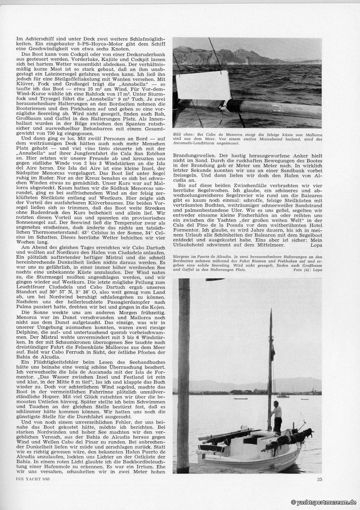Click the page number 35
pyautogui.click(x=319, y=479)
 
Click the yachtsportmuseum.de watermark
pyautogui.click(x=324, y=502)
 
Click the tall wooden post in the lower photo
pyautogui.click(x=184, y=374)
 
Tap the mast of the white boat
pyautogui.click(x=270, y=360)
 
